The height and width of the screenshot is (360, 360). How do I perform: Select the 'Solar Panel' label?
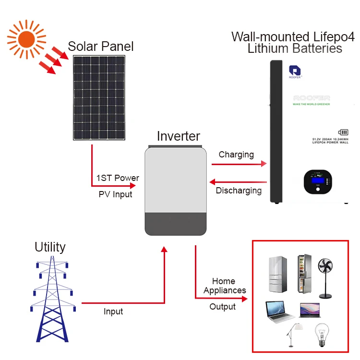(x=101, y=47)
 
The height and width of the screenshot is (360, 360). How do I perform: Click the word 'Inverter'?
(x=178, y=136)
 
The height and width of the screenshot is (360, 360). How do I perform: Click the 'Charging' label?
(x=236, y=155)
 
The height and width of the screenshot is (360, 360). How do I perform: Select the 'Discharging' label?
(x=239, y=191)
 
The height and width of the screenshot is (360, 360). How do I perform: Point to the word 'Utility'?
(x=50, y=247)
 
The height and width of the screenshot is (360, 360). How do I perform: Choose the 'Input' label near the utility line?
(x=113, y=312)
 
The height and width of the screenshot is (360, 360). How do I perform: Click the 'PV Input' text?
(x=115, y=194)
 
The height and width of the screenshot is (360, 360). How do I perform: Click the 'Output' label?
(x=223, y=306)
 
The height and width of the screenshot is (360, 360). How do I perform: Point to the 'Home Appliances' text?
(x=224, y=286)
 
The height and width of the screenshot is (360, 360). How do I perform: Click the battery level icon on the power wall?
(x=343, y=132)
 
